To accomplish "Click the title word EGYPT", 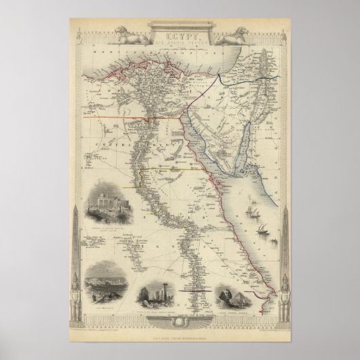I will pyautogui.click(x=180, y=31).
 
